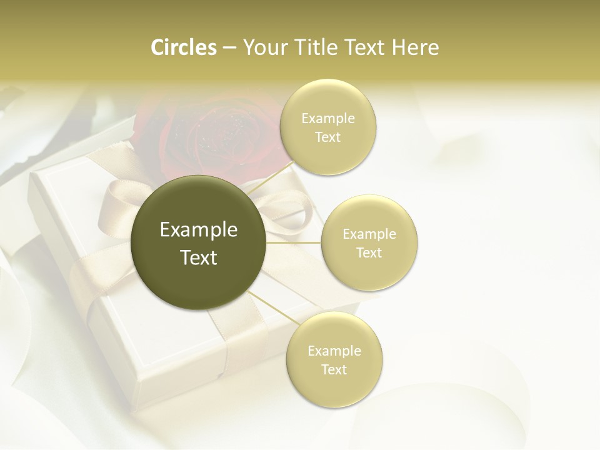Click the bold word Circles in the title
(x=183, y=47)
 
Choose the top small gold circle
(x=328, y=127)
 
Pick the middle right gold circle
(x=369, y=243)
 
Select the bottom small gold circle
(x=334, y=360)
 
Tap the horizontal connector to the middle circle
(x=293, y=242)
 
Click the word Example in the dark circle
(x=198, y=230)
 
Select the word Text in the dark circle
(x=198, y=257)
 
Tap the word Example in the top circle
(x=328, y=119)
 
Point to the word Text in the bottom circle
(x=334, y=369)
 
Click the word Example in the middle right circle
(x=369, y=234)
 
